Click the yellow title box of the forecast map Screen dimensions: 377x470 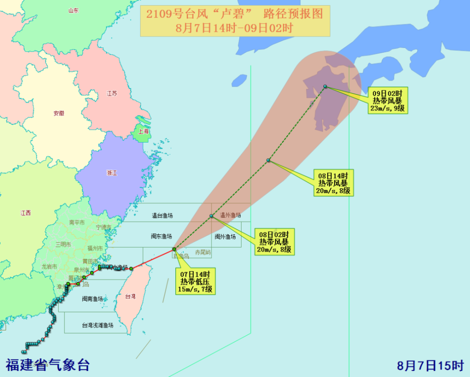pos(235,21)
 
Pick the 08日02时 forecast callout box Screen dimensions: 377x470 pos(274,241)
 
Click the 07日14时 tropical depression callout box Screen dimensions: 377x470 pos(196,281)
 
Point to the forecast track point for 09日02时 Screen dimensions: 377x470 pos(325,87)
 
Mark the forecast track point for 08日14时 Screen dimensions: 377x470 pos(268,160)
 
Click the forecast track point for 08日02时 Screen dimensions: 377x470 pos(211,216)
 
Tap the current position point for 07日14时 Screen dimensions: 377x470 pos(174,249)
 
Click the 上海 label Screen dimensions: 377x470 pos(143,132)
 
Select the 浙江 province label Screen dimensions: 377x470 pos(111,173)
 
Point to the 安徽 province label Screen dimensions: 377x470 pos(59,113)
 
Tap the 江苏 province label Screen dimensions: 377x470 pos(112,93)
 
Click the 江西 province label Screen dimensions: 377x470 pos(25,213)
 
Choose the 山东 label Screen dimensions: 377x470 pos(73,10)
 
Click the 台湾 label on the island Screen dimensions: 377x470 pos(130,297)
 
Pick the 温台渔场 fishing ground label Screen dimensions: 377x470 pos(162,216)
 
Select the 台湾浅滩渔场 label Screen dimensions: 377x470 pos(97,325)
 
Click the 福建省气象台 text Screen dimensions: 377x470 pos(47,365)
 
